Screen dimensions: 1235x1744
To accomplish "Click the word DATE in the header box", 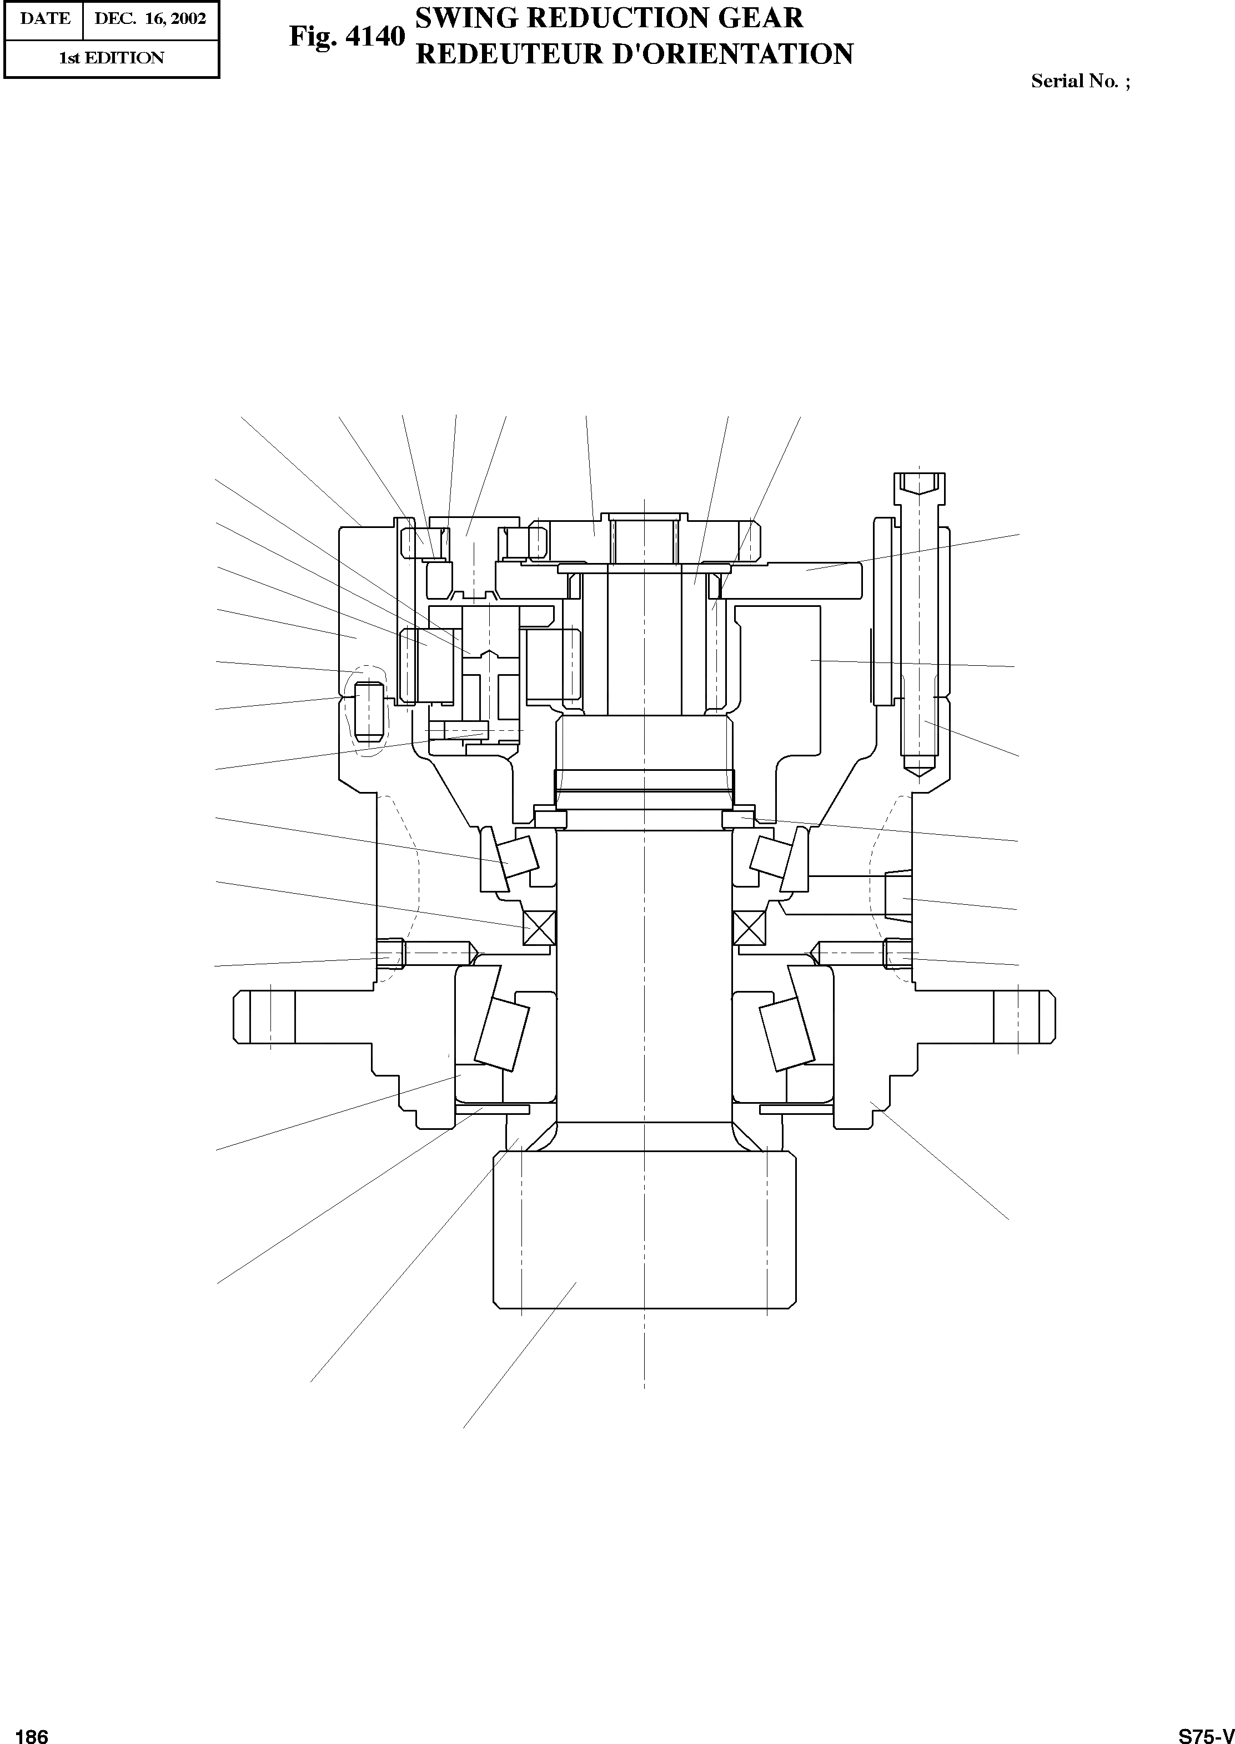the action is point(46,19).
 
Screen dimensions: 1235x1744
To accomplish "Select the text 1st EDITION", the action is point(112,58).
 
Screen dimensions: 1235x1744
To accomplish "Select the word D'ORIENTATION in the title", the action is point(734,54).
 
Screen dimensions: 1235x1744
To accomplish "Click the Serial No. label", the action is point(1075,81).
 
